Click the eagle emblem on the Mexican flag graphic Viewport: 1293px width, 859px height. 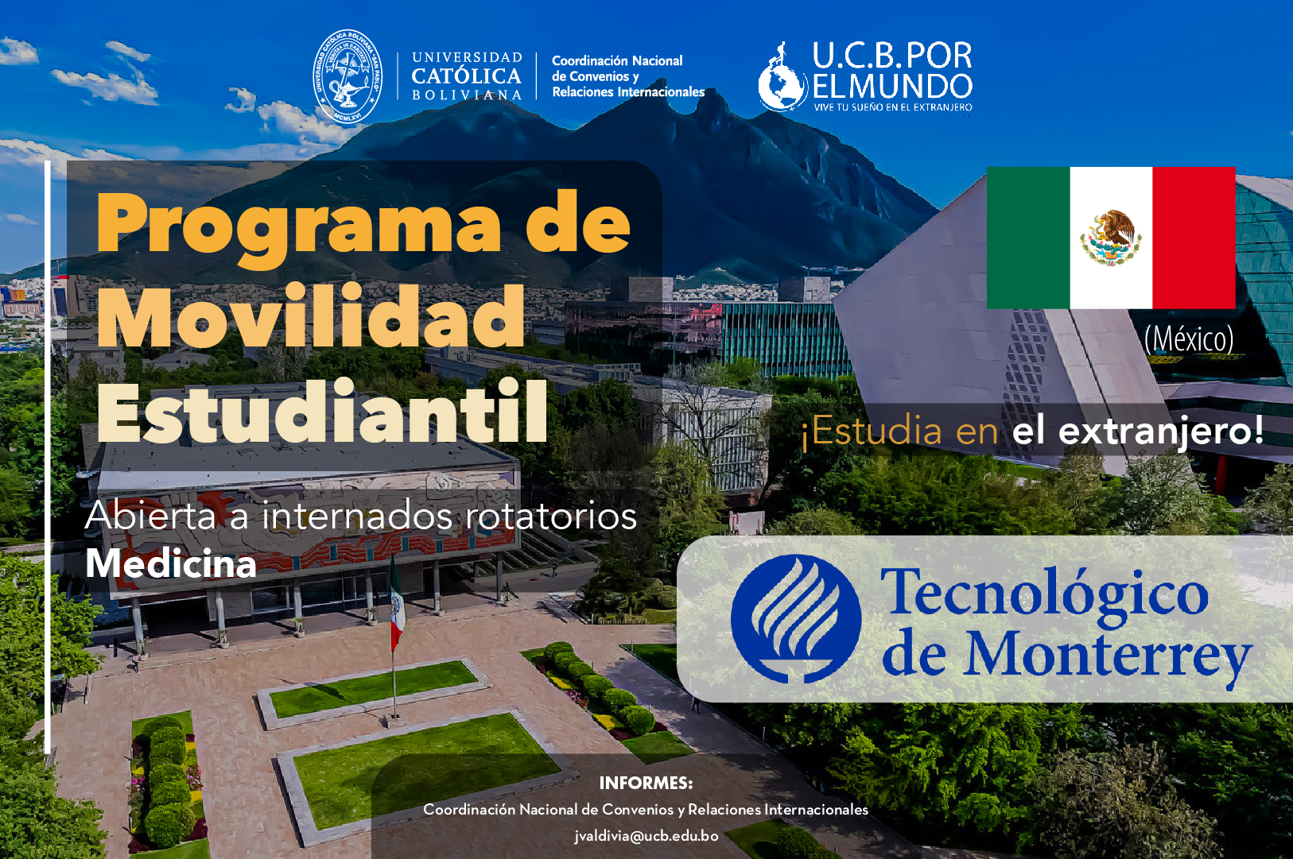1111,238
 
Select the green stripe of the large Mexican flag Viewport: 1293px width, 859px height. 1028,238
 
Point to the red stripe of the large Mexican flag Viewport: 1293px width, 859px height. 1194,238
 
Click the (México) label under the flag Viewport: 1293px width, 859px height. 1189,339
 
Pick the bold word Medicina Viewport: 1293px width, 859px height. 171,563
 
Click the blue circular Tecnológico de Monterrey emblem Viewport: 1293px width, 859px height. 796,619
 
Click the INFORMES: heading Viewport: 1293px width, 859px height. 646,783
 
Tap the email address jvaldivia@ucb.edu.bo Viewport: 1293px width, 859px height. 646,836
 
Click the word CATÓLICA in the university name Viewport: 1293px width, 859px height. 467,75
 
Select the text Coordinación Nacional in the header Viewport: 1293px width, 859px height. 617,60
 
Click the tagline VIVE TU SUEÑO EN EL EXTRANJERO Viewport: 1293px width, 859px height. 893,106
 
